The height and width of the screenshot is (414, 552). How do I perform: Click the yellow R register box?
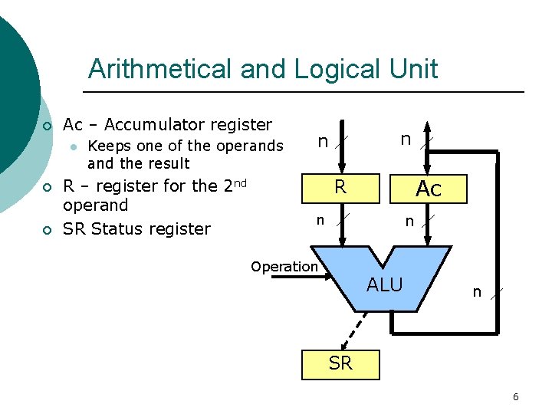tap(341, 188)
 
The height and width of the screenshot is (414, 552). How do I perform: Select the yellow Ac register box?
tap(429, 189)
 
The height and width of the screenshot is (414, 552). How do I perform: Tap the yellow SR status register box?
tap(340, 363)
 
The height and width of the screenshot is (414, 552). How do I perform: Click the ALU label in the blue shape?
tap(384, 285)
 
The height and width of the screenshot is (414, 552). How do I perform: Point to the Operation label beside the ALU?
tap(284, 267)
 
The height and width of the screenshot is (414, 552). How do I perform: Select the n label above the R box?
tap(324, 141)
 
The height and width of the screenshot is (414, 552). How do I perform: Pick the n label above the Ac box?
tap(406, 139)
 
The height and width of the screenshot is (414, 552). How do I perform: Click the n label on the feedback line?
tap(477, 291)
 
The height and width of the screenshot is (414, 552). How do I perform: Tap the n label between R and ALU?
tap(321, 220)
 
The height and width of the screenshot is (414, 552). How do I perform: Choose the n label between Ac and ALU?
tap(409, 222)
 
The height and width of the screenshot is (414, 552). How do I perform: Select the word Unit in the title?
tap(413, 69)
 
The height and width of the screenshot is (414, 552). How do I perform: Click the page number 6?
tap(515, 396)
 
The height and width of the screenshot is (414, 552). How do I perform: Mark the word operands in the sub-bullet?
tap(250, 146)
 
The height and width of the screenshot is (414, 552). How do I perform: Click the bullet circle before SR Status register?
tap(47, 229)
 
